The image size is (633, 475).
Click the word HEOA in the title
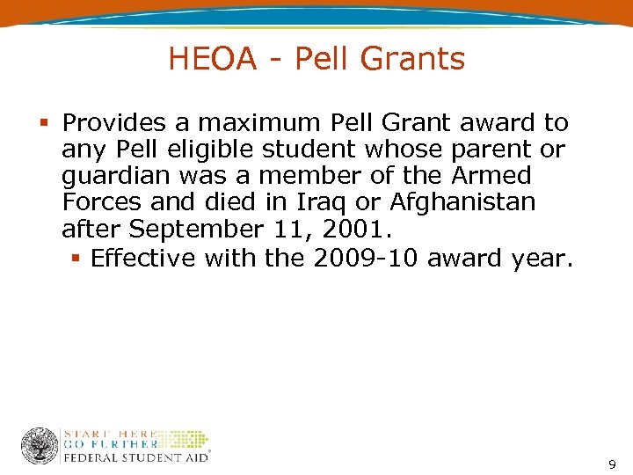pyautogui.click(x=212, y=59)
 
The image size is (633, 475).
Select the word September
pyautogui.click(x=194, y=230)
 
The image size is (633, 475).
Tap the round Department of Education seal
pyautogui.click(x=40, y=446)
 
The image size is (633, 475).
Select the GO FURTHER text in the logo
pyautogui.click(x=110, y=444)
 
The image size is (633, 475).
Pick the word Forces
pyautogui.click(x=103, y=202)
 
